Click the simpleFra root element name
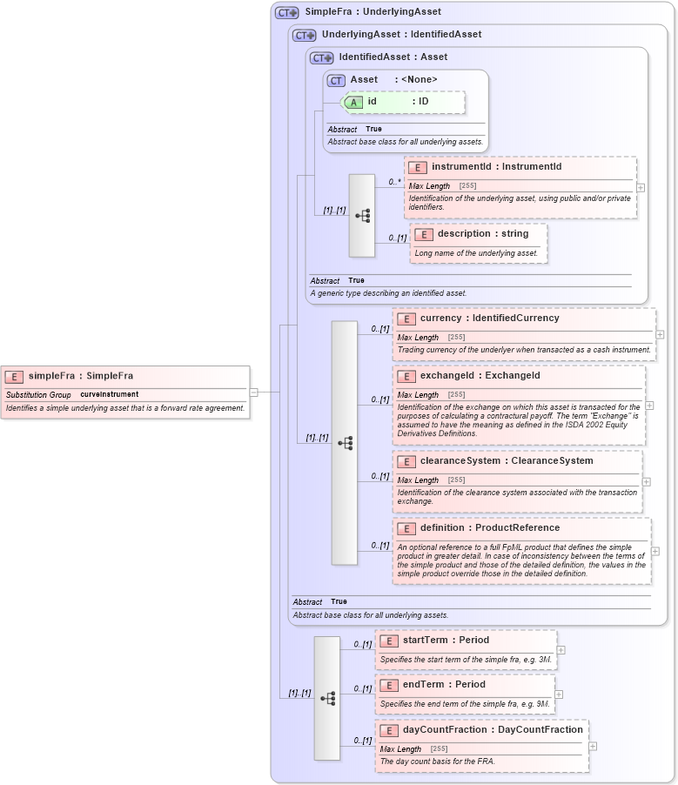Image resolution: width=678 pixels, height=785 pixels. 81,376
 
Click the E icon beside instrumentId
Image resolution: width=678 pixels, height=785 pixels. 418,167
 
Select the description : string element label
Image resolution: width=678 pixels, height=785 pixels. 483,234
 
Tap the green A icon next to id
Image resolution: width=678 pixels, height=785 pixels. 353,102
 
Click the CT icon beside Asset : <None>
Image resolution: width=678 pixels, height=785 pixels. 336,80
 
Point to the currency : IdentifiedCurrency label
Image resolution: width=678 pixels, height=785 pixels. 489,319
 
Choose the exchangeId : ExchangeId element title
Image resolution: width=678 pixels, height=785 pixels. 480,376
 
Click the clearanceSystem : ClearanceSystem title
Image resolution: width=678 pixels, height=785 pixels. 506,461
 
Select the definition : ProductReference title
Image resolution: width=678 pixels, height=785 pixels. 489,528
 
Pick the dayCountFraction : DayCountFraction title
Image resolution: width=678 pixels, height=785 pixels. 493,730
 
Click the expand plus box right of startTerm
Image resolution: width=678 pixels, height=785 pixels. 561,649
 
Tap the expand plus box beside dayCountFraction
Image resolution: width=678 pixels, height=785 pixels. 593,746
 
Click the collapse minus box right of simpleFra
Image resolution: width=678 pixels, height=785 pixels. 254,392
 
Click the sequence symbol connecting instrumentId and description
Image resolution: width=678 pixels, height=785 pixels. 362,215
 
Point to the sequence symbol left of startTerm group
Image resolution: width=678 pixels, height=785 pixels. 327,698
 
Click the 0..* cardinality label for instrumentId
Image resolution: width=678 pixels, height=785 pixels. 395,182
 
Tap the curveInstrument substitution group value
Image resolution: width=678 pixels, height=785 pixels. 109,394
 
